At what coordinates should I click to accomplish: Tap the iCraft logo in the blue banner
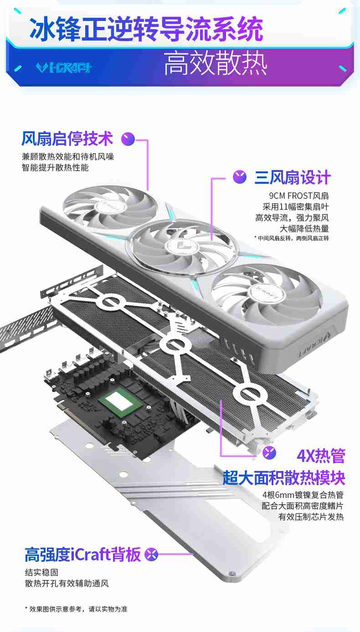(63, 67)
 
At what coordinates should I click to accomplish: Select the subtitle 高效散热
(215, 64)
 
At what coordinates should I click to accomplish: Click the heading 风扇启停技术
(67, 138)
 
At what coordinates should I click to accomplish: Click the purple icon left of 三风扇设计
(240, 177)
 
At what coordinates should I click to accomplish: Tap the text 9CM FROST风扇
(298, 196)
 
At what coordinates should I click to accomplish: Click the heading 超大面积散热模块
(283, 477)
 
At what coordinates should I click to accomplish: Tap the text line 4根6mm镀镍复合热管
(303, 495)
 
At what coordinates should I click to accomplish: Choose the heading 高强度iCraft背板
(82, 554)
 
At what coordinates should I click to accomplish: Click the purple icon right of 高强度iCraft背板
(151, 554)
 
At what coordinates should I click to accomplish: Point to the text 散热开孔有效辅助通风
(67, 583)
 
